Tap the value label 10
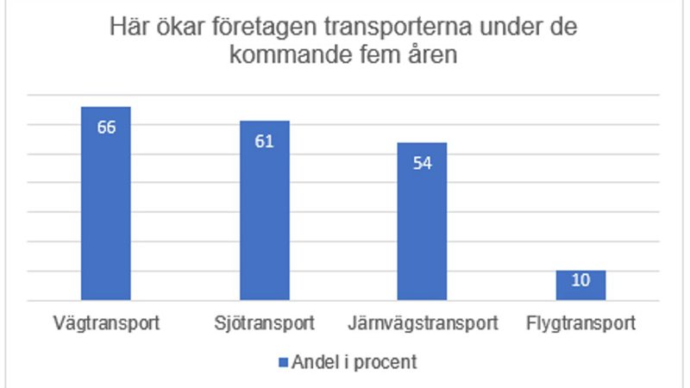pos(580,280)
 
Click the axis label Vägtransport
pos(106,325)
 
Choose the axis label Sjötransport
pos(264,325)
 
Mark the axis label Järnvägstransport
pos(422,325)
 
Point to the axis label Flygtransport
pos(580,325)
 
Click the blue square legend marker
pos(281,362)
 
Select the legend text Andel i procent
pos(354,362)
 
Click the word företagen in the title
pos(249,29)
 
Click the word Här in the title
pos(128,29)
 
